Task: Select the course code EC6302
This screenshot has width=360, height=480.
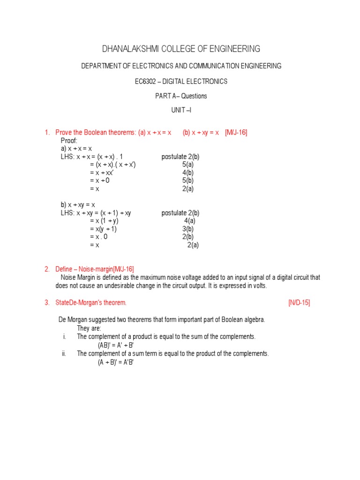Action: tap(145, 82)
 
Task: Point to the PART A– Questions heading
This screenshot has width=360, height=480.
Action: tap(181, 96)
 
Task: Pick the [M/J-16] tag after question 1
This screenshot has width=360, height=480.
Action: tap(236, 133)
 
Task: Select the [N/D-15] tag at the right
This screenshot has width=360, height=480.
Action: tap(299, 302)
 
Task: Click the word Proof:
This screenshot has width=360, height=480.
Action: tap(69, 141)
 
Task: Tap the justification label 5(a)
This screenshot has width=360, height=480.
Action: tap(188, 165)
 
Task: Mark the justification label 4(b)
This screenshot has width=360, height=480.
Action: tap(188, 172)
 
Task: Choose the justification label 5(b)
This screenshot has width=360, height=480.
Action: tap(188, 180)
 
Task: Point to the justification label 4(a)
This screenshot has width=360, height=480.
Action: tap(190, 221)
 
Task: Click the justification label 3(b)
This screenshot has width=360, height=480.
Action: tap(188, 229)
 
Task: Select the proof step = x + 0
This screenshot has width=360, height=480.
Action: tap(100, 180)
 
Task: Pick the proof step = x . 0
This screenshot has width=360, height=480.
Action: tap(99, 237)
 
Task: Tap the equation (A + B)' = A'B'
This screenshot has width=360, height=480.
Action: tap(116, 362)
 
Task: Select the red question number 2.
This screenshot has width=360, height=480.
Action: tap(47, 269)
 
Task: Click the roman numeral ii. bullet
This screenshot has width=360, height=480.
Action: tap(64, 353)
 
